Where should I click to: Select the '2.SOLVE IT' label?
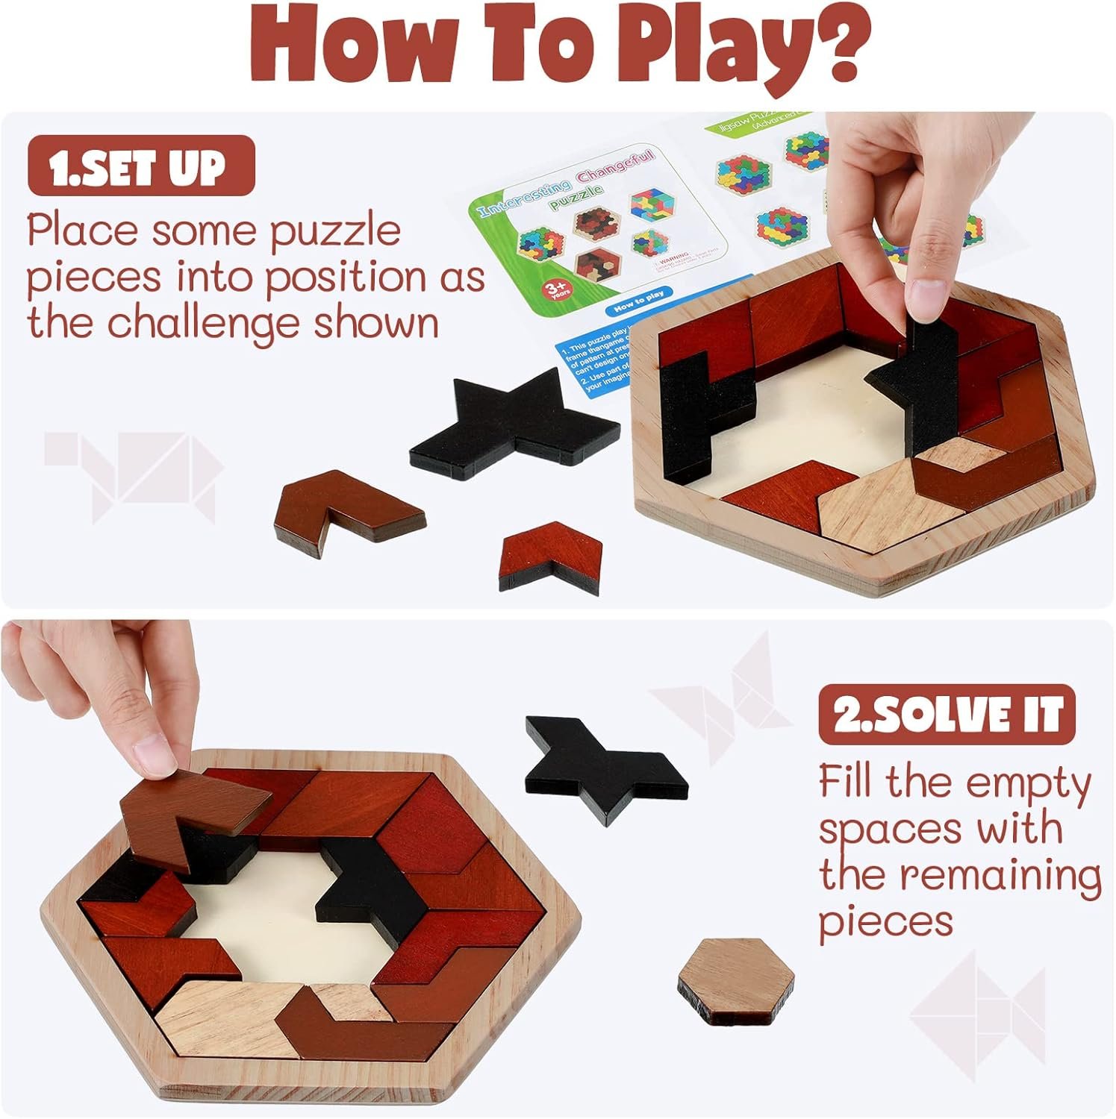[947, 714]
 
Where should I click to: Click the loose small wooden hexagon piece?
[735, 978]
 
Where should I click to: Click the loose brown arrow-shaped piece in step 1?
[343, 507]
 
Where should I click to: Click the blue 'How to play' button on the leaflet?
[638, 295]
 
